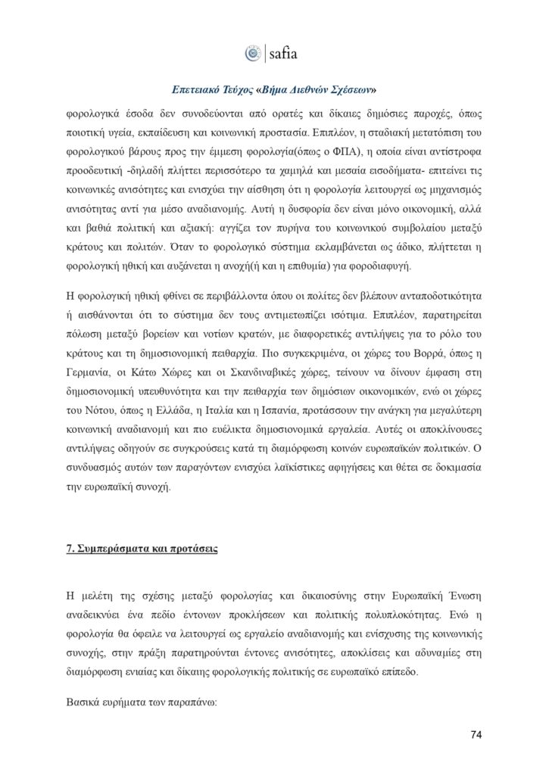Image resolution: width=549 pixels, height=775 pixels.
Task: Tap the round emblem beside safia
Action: pyautogui.click(x=252, y=54)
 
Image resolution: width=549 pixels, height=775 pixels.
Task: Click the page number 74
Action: pyautogui.click(x=476, y=734)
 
